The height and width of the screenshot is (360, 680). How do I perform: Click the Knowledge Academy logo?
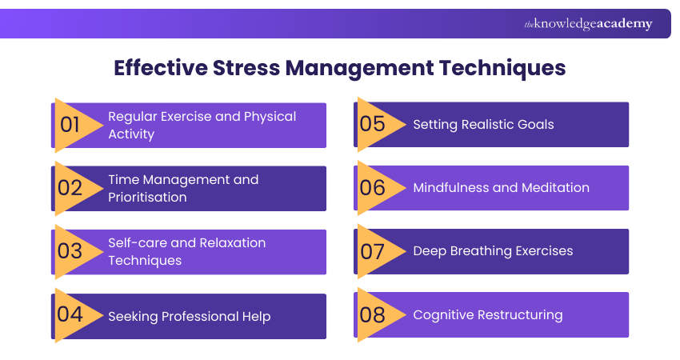pyautogui.click(x=588, y=24)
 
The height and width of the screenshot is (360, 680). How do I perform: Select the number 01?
pyautogui.click(x=70, y=125)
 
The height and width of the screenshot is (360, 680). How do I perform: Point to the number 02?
pyautogui.click(x=70, y=188)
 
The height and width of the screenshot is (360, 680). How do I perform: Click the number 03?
pyautogui.click(x=70, y=251)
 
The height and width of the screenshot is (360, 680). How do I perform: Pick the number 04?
pyautogui.click(x=70, y=314)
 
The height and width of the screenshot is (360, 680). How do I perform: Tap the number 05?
pyautogui.click(x=373, y=124)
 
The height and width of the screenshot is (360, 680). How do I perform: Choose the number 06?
pyautogui.click(x=373, y=188)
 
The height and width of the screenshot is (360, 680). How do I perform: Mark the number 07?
pyautogui.click(x=373, y=251)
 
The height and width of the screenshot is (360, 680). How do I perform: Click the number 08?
pyautogui.click(x=373, y=314)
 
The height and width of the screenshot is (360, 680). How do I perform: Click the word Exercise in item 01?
pyautogui.click(x=186, y=117)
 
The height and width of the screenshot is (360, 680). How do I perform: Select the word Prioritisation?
pyautogui.click(x=148, y=198)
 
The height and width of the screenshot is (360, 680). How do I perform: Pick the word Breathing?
pyautogui.click(x=482, y=251)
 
